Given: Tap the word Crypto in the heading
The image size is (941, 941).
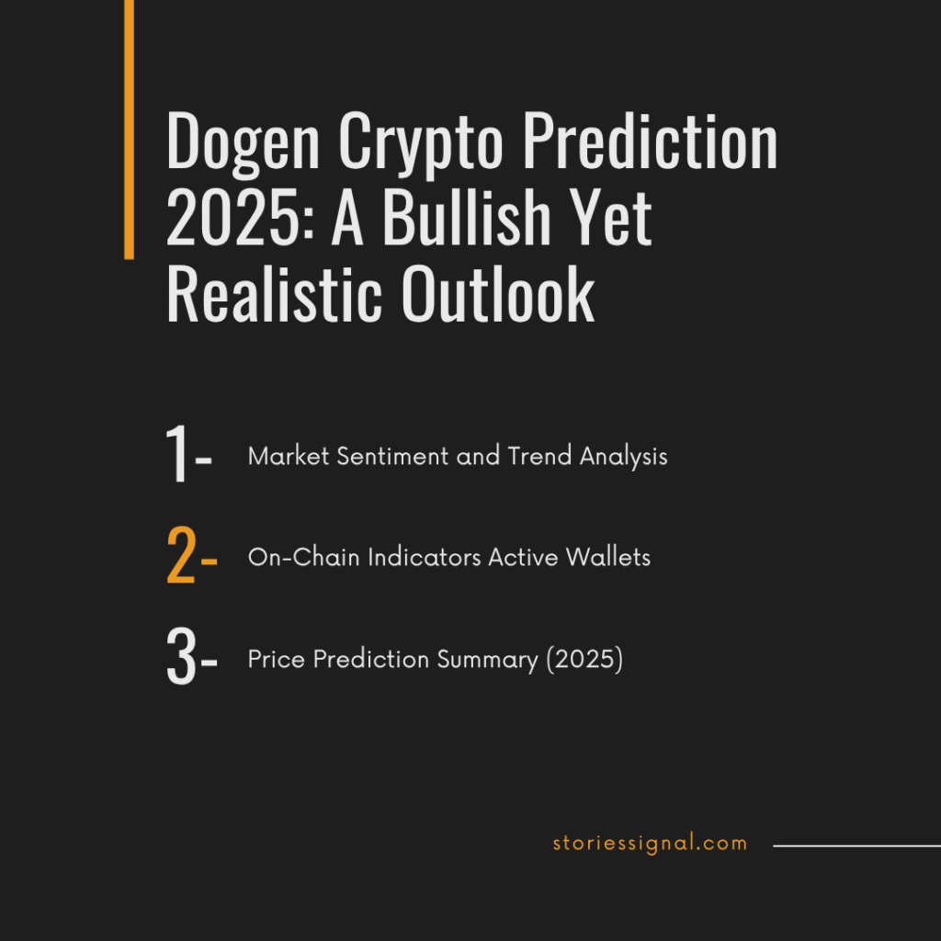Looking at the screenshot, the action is tap(421, 144).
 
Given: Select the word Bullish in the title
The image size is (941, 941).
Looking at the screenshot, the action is tap(467, 217).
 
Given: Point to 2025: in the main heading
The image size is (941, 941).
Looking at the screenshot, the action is tap(241, 217).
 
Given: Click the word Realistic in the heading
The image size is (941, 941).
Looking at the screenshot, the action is tap(274, 293).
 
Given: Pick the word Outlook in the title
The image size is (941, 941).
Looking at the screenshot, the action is tap(498, 293).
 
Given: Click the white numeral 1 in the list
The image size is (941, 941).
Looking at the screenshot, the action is tap(176, 453).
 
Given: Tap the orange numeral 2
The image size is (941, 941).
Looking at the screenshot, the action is tap(181, 555).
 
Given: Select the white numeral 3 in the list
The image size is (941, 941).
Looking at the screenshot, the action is tap(181, 656).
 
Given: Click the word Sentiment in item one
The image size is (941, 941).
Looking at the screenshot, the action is tap(392, 456).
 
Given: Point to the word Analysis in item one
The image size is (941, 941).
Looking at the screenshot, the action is tap(624, 458).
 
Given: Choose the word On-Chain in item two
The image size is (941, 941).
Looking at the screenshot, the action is tap(303, 558).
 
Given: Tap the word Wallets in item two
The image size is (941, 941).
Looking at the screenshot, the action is tap(608, 558).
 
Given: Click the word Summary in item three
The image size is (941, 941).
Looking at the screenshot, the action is tap(487, 660).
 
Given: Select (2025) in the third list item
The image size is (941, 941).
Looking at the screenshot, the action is tap(584, 660).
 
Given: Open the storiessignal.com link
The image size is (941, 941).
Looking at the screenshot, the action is tap(650, 844).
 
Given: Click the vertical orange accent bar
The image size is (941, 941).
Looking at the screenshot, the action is tap(129, 130).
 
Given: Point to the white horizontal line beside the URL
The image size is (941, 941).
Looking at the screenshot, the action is tap(857, 846).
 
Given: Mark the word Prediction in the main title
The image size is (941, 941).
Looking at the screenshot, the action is tap(651, 141).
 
